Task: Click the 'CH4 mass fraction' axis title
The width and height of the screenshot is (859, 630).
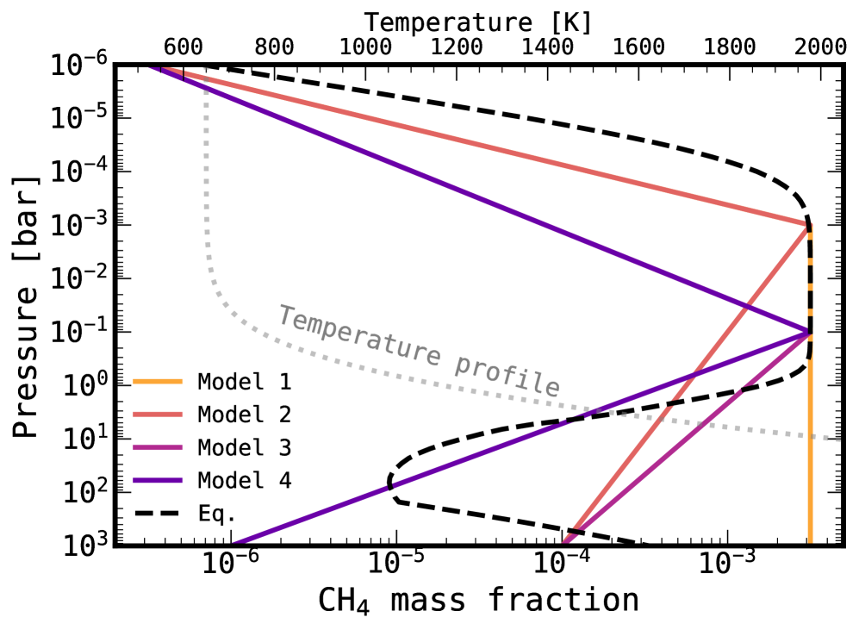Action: (479, 600)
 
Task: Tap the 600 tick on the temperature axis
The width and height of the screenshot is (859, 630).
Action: (183, 47)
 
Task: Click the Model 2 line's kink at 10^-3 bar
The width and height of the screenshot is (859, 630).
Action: (808, 225)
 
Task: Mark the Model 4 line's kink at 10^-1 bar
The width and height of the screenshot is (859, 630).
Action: (809, 332)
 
